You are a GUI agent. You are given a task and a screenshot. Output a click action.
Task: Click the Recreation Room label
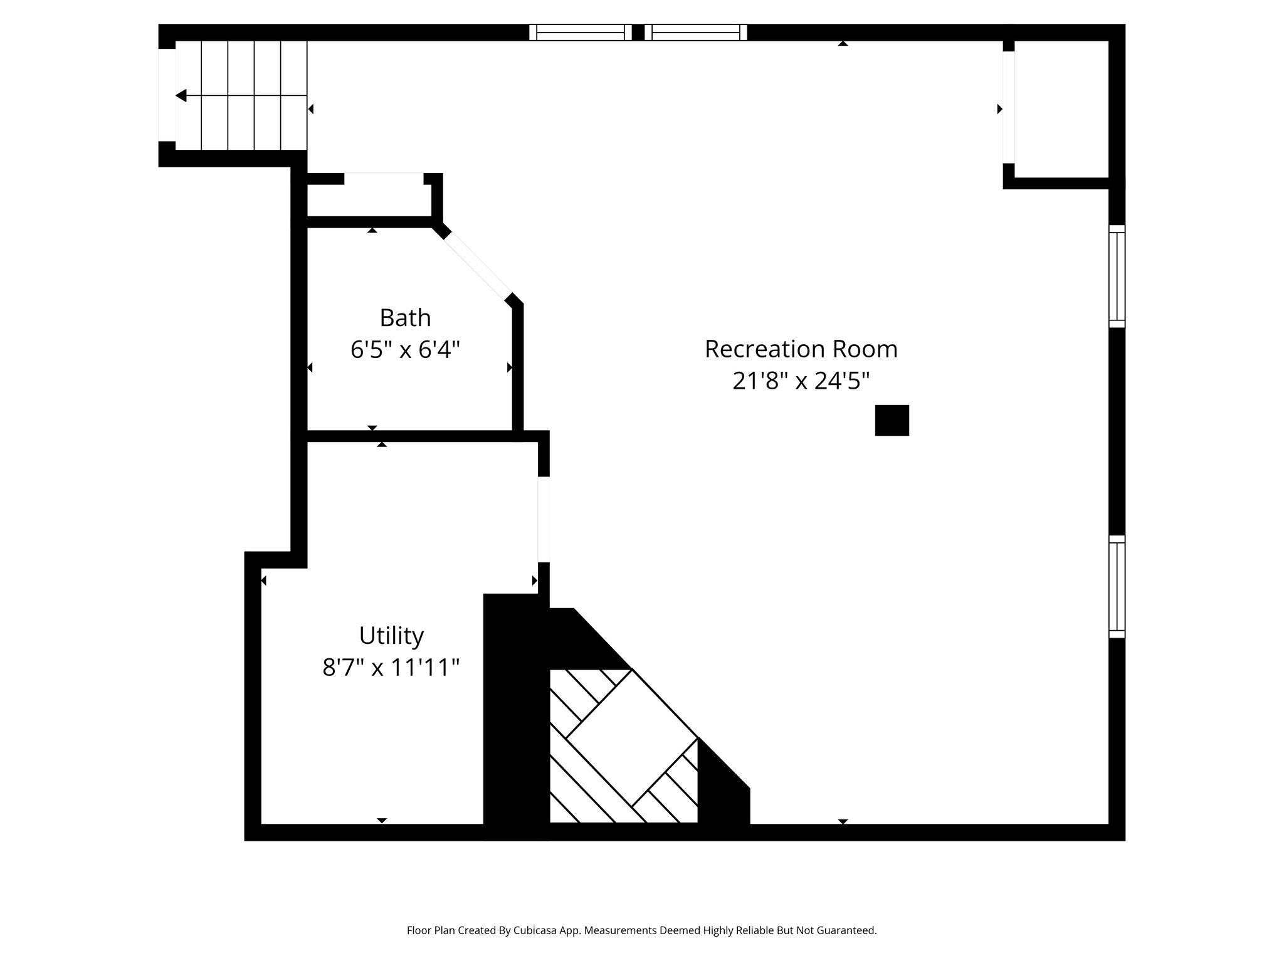click(x=801, y=349)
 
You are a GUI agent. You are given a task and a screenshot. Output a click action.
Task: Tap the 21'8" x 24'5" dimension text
click(x=801, y=381)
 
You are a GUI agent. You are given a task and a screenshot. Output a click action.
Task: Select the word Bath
click(x=405, y=318)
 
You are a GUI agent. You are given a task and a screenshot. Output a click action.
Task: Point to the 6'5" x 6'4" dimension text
click(x=405, y=350)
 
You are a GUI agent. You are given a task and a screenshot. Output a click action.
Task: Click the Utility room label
click(x=391, y=636)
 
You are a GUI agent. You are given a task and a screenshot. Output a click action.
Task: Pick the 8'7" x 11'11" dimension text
click(x=391, y=668)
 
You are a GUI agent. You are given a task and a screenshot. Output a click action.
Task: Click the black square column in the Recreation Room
click(x=892, y=420)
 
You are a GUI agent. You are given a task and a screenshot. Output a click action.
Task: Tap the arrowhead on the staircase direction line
click(x=181, y=96)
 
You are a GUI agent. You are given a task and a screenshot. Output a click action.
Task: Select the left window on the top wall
click(x=580, y=33)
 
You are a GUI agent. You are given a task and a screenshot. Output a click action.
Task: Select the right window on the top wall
click(x=696, y=33)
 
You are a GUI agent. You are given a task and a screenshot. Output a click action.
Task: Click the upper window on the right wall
click(x=1117, y=276)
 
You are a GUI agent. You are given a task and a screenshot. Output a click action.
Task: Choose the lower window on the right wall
click(x=1117, y=587)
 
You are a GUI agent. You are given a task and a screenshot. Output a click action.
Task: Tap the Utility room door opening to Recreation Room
click(x=544, y=519)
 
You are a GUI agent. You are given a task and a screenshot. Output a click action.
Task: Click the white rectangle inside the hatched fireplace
click(x=632, y=737)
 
